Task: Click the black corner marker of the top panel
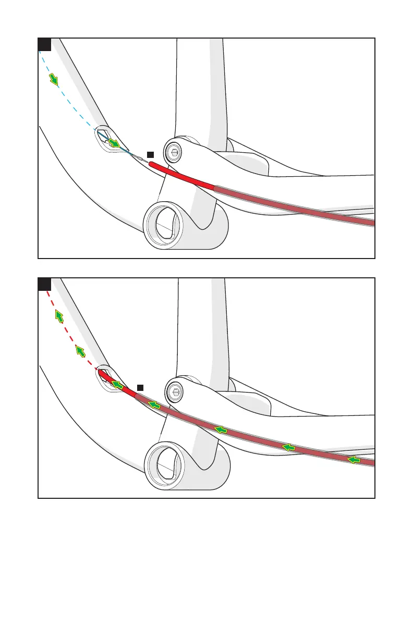[45, 44]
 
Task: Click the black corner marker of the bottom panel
[45, 284]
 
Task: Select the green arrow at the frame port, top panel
[114, 143]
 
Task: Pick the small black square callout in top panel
[150, 154]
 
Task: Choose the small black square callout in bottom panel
[140, 386]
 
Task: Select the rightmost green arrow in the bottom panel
[355, 460]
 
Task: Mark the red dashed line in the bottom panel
[68, 334]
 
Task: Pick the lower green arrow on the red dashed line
[80, 351]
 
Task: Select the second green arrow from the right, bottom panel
[288, 447]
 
